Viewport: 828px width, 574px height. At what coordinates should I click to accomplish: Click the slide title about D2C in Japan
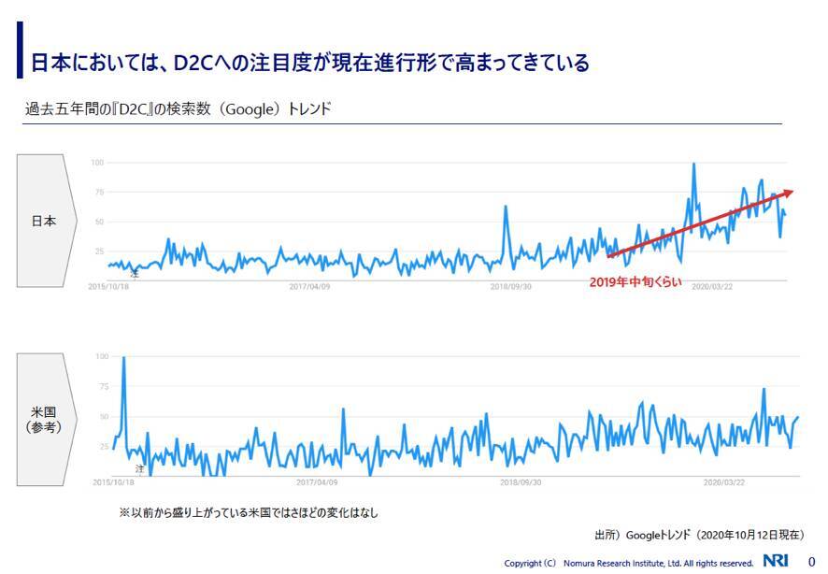tap(310, 63)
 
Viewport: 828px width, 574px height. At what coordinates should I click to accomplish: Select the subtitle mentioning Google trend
tap(178, 109)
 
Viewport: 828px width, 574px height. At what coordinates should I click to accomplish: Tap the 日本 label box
tap(43, 222)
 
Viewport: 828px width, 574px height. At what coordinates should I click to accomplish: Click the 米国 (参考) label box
tap(43, 419)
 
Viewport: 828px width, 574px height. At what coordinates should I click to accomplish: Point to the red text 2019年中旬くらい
tap(635, 281)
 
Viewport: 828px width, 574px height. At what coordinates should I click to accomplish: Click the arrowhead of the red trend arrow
tap(789, 193)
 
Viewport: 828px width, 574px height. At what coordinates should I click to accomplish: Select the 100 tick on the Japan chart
tap(97, 164)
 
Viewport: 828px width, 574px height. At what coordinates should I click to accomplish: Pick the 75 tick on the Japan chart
tap(98, 193)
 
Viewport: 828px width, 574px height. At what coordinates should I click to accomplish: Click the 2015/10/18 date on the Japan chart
tap(109, 287)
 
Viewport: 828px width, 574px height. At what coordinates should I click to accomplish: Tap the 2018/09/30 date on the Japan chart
tap(511, 287)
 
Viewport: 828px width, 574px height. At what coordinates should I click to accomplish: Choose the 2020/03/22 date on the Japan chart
tap(712, 287)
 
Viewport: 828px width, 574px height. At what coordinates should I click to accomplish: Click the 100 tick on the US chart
tap(103, 357)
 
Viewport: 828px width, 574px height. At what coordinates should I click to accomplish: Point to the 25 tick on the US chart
tap(105, 447)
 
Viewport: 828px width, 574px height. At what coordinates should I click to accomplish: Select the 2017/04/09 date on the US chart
tap(317, 482)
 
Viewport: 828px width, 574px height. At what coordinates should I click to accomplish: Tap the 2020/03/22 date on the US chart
tap(723, 482)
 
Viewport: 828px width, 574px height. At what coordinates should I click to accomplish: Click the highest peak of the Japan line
tap(693, 165)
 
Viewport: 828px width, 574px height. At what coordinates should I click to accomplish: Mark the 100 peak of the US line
tap(124, 359)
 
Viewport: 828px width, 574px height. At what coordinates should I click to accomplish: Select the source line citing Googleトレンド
tap(698, 536)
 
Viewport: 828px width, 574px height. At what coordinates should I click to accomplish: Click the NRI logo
tap(775, 561)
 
